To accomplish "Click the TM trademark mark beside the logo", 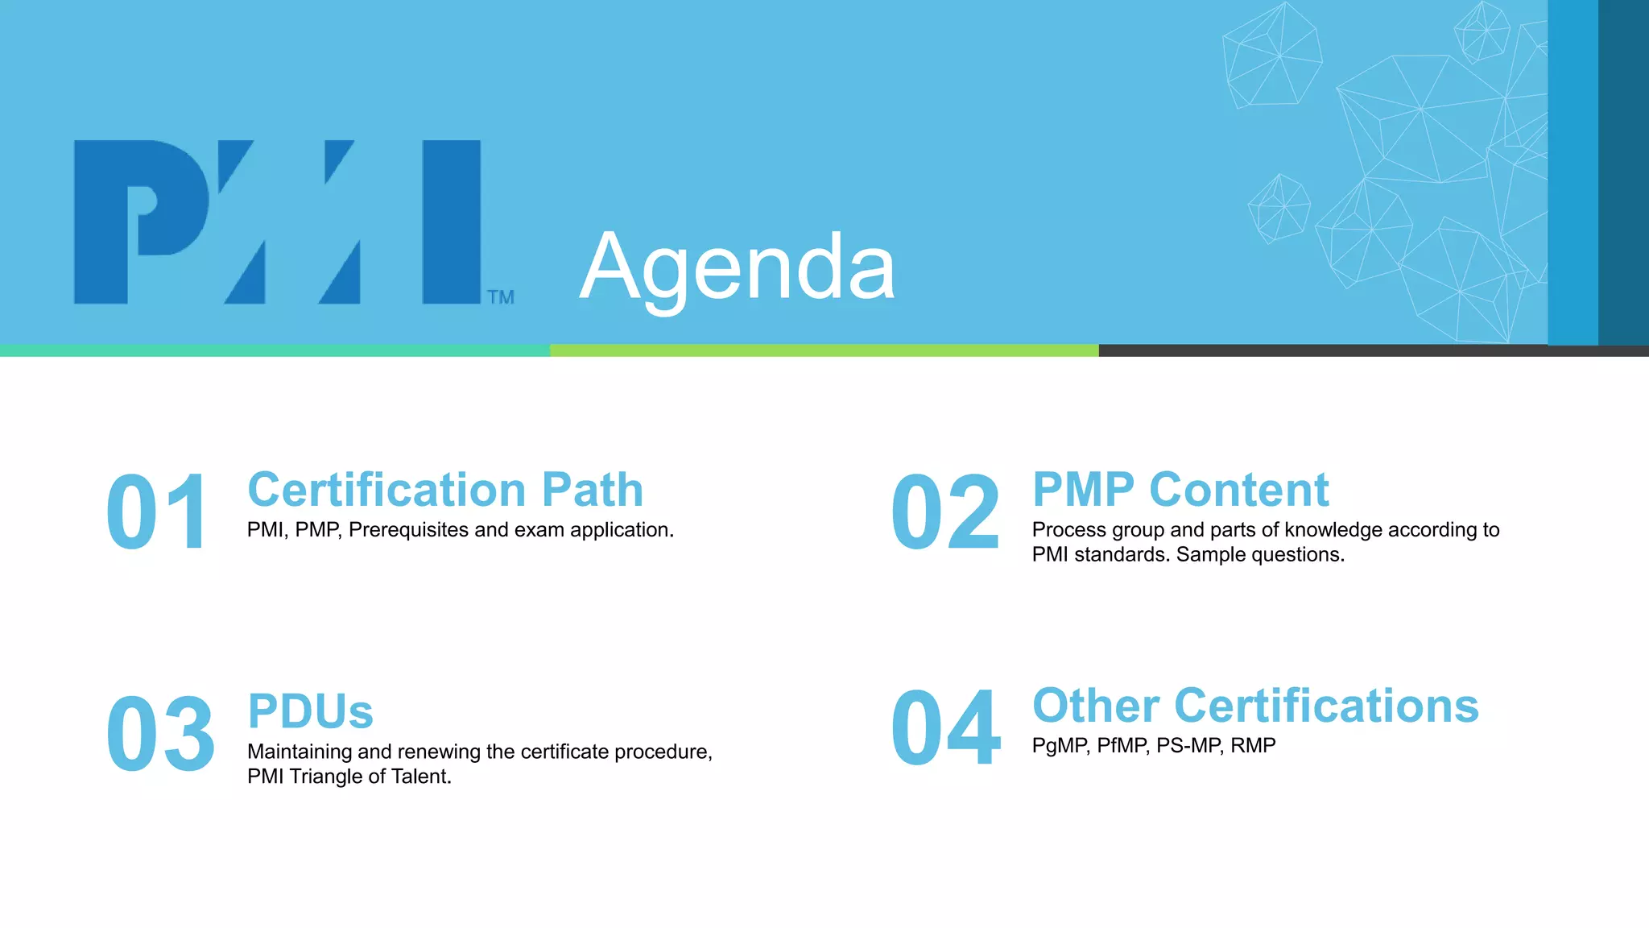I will coord(500,297).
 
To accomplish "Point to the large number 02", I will coord(945,512).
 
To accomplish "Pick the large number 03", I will coord(160,734).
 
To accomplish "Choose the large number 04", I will coord(945,727).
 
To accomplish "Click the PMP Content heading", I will coord(1180,490).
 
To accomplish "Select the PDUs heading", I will coord(310,711).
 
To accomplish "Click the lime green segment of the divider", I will coord(824,350).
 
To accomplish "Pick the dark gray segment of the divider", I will coord(1369,350).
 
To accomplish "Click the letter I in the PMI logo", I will coord(451,222).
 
